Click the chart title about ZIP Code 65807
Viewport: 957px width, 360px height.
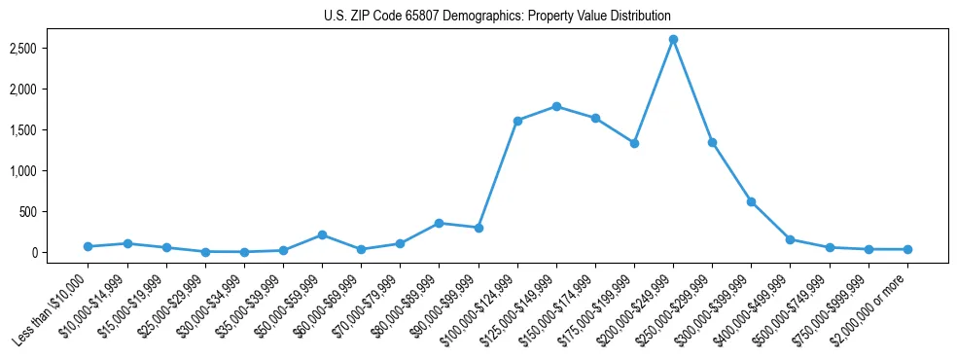pos(497,16)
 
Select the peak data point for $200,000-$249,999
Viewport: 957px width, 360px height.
pos(673,40)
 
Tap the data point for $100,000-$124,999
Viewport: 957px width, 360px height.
pos(517,121)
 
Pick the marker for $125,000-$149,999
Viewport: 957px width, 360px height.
pos(556,106)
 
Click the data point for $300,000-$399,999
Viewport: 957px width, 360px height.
pos(751,201)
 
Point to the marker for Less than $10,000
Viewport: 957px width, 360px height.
pos(88,246)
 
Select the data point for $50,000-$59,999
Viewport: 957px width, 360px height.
pos(322,234)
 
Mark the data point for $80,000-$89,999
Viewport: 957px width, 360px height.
pos(439,223)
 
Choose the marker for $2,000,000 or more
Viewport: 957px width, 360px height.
pos(907,249)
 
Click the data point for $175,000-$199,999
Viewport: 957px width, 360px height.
pos(634,143)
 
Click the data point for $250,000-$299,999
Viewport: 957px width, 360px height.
pos(712,142)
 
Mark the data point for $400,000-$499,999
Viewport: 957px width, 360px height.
pos(790,239)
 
